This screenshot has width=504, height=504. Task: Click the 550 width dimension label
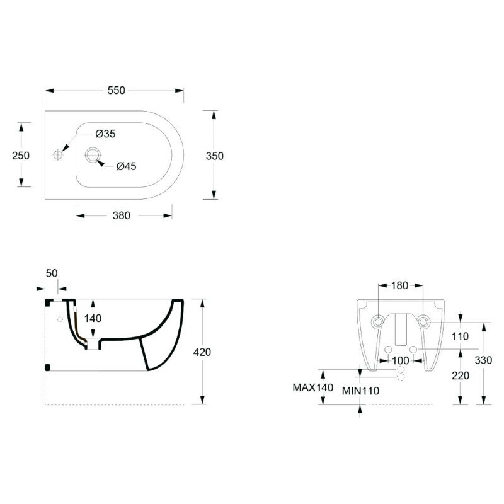coord(116,90)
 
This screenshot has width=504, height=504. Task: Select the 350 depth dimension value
coord(214,156)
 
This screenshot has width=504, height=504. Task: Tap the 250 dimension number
coord(21,156)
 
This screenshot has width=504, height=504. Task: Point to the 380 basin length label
coord(121,215)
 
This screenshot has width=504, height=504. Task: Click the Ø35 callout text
coord(105,134)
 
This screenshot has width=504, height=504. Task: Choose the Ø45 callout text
coord(127,166)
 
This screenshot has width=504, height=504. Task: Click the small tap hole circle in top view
coord(58,155)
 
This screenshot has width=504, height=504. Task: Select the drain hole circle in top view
coord(93,155)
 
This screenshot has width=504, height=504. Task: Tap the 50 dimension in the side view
coord(52,273)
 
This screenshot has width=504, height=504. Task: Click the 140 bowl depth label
coord(93,318)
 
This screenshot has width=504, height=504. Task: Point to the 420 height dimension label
coord(202,352)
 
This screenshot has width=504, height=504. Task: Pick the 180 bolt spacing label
coord(399,285)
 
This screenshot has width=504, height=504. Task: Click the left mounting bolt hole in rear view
coord(378,321)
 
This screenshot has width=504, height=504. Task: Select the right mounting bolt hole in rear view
coord(423,321)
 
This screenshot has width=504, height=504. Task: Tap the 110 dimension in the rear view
coord(460,336)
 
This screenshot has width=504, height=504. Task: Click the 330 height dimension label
coord(483,360)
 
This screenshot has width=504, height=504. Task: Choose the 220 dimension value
coord(461,375)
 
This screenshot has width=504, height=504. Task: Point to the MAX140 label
coord(312,387)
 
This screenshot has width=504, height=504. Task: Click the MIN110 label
coord(360,391)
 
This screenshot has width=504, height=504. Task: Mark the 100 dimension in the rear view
coord(401,360)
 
